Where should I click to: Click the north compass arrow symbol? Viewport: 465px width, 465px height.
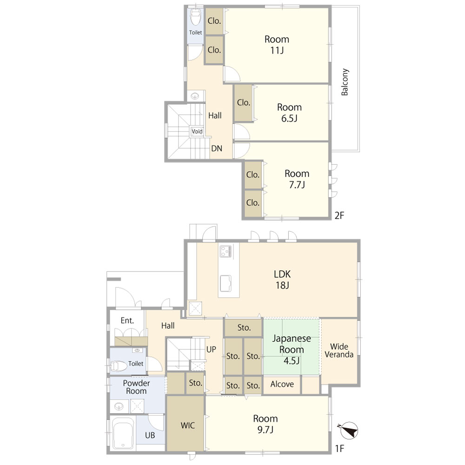coord(349,431)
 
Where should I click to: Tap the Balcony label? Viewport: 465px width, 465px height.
coord(345,82)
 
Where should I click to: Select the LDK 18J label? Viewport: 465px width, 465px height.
coord(282,279)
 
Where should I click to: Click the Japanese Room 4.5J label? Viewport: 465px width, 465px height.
coord(292,349)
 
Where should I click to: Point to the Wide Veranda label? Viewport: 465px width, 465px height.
coord(339,351)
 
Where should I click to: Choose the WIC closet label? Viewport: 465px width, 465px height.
coord(188,425)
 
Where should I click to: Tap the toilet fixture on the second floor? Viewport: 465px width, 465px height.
coord(195,18)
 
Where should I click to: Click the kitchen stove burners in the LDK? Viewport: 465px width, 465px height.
coord(226,252)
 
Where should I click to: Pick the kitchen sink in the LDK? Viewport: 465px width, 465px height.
coord(226,283)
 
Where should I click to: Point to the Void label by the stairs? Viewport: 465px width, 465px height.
coord(197,132)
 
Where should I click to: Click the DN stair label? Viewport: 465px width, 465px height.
coord(217,148)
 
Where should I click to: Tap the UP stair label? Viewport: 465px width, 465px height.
coord(211,349)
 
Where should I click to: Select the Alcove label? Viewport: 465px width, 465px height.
coord(282,385)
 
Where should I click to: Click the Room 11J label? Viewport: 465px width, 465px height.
coord(277,45)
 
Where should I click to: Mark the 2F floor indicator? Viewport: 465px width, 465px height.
coord(339,215)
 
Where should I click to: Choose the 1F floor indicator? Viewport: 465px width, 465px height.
coord(339,449)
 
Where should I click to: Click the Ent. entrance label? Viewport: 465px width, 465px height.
coord(127,320)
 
